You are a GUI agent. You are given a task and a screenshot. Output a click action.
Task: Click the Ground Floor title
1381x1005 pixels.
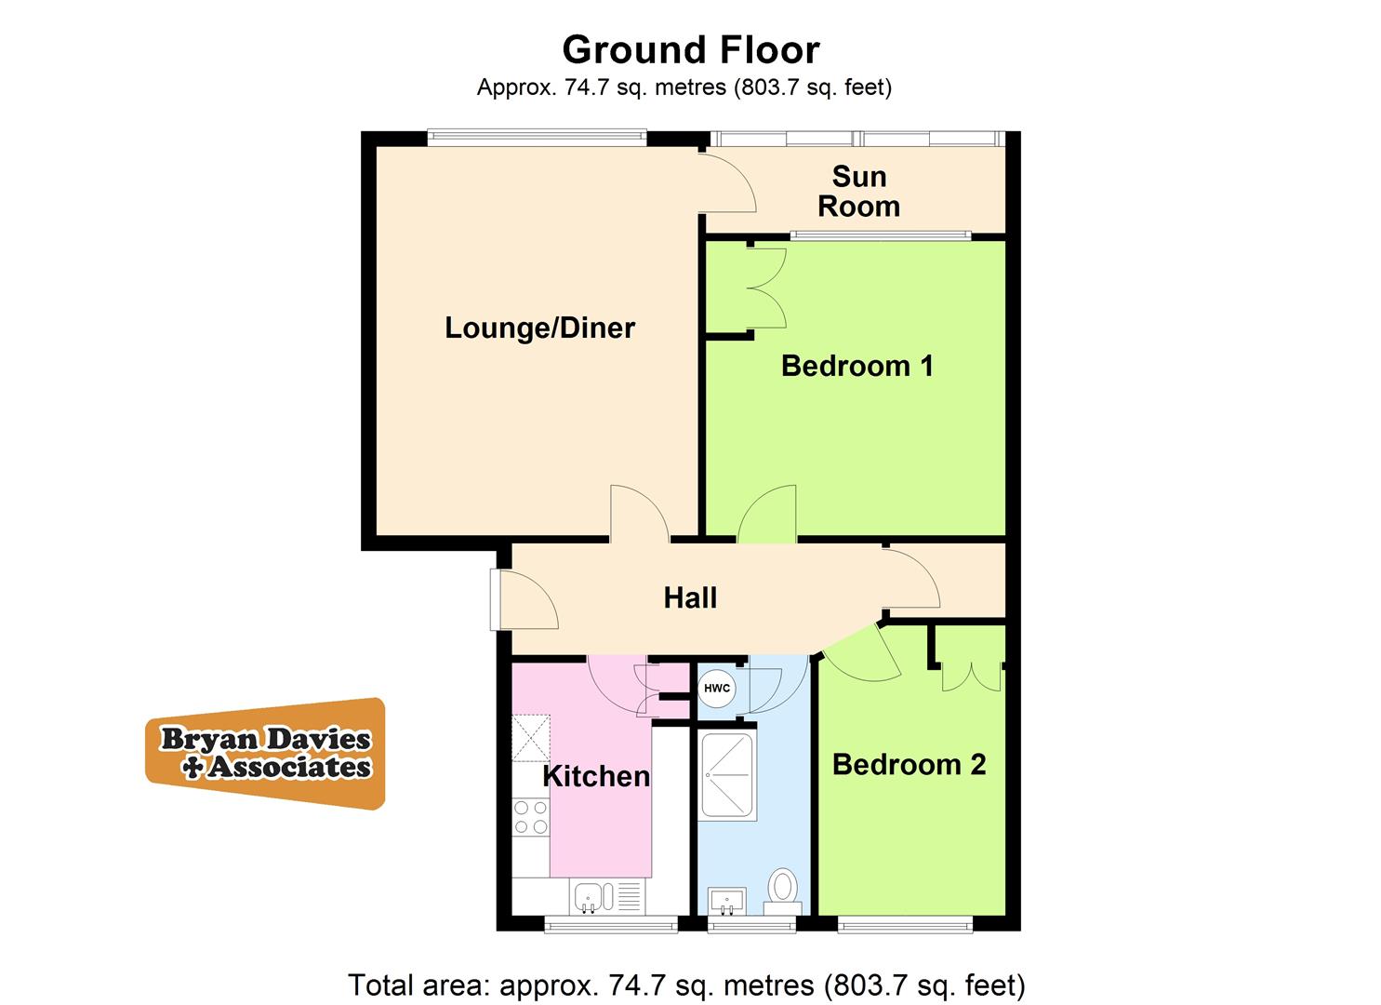690,49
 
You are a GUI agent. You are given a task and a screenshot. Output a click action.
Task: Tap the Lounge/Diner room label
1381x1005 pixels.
539,328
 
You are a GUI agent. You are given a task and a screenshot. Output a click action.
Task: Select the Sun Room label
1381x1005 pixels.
858,191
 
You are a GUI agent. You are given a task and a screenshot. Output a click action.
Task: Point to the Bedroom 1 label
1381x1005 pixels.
856,366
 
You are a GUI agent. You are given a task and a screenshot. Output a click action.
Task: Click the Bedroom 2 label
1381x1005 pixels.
909,764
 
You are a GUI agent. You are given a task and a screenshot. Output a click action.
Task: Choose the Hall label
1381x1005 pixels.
690,597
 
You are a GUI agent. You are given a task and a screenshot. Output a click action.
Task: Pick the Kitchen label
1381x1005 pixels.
596,776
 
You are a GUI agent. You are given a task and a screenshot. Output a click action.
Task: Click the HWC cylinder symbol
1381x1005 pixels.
717,689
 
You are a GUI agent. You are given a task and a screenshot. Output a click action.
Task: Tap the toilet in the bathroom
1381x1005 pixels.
783,889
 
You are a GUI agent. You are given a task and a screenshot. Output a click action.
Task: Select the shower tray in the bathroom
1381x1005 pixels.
727,775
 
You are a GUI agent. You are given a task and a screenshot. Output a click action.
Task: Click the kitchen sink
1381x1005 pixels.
594,897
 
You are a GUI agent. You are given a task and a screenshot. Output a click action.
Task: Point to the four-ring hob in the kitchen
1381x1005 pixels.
530,817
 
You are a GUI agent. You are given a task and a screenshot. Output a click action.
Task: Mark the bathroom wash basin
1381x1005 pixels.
727,900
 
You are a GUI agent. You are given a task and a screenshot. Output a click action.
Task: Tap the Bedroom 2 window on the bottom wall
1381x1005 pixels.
905,924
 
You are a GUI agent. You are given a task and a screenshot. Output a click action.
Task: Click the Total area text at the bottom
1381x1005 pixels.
686,985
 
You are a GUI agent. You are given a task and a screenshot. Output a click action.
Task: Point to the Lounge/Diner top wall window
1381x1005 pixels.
537,137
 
